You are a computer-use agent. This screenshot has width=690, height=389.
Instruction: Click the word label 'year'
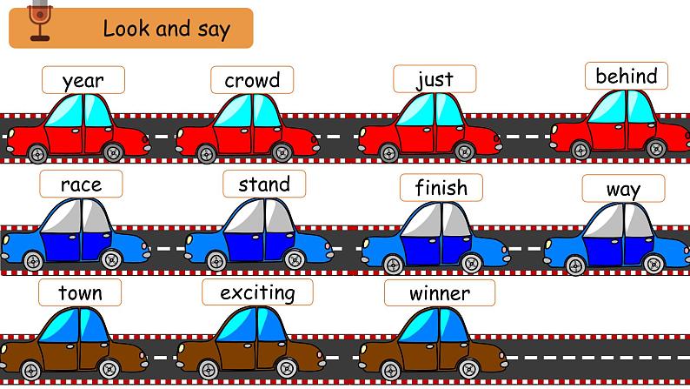83,81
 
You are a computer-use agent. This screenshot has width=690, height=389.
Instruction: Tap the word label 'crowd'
252,81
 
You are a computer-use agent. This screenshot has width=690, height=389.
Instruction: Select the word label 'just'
435,80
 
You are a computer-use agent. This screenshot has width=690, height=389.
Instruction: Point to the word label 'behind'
626,77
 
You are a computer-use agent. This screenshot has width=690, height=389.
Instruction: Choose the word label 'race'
81,184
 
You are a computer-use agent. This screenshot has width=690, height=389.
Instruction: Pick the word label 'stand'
263,184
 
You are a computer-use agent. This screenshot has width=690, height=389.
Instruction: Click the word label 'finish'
441,188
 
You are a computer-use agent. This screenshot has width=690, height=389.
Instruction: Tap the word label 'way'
623,189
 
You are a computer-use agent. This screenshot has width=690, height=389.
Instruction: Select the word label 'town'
80,293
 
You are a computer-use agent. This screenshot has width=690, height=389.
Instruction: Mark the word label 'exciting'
257,292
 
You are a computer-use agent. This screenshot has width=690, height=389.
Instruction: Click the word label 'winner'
440,293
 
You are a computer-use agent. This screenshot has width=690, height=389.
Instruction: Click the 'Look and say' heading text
166,29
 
